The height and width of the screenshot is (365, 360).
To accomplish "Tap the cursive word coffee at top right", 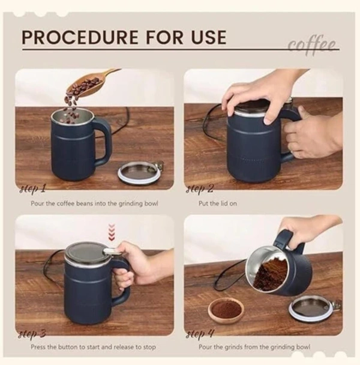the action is (312, 46).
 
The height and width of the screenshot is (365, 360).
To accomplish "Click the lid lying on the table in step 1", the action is (140, 173).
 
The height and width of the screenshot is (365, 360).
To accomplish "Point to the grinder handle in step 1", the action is (104, 140).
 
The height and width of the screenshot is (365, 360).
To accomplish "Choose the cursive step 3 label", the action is (32, 334).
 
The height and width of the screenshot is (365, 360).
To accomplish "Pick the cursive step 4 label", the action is (200, 334).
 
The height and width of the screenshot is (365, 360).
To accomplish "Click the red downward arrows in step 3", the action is (112, 232).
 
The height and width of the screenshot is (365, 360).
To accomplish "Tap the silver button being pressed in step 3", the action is (111, 251).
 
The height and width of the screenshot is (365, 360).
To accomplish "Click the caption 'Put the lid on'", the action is (218, 204).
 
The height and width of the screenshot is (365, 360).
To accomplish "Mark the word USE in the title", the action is (209, 37).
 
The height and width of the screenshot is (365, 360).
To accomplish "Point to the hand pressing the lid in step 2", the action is (251, 100).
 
